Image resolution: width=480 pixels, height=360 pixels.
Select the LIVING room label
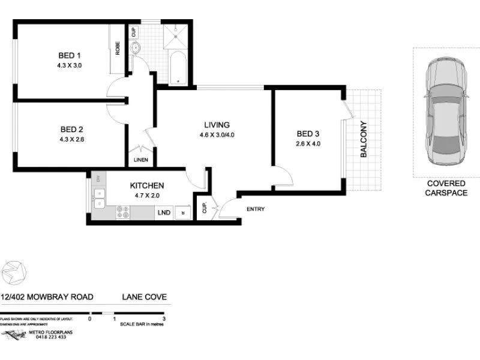point(217,125)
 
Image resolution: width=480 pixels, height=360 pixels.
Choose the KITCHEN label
point(147,186)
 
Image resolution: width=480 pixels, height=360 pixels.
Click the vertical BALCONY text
point(363,139)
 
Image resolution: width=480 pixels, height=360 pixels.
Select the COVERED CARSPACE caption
point(446,188)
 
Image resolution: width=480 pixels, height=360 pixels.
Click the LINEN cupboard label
point(140,160)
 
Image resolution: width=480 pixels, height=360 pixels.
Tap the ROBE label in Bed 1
point(118,47)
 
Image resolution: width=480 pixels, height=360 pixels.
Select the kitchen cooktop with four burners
point(123,211)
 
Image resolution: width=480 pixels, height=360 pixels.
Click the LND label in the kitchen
point(163,212)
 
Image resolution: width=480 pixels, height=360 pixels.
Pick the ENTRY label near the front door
point(255,209)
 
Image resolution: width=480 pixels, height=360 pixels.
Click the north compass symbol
point(14,272)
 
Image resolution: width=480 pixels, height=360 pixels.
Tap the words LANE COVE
point(144,296)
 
